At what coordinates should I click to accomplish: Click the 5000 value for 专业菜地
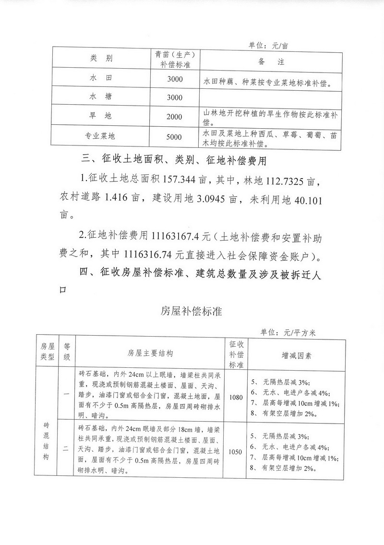(174, 137)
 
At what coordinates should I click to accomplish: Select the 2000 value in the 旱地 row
(174, 117)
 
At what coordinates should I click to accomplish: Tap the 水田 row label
(101, 77)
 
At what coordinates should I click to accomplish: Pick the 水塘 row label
(101, 97)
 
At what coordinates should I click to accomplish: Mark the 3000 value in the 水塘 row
(174, 97)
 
